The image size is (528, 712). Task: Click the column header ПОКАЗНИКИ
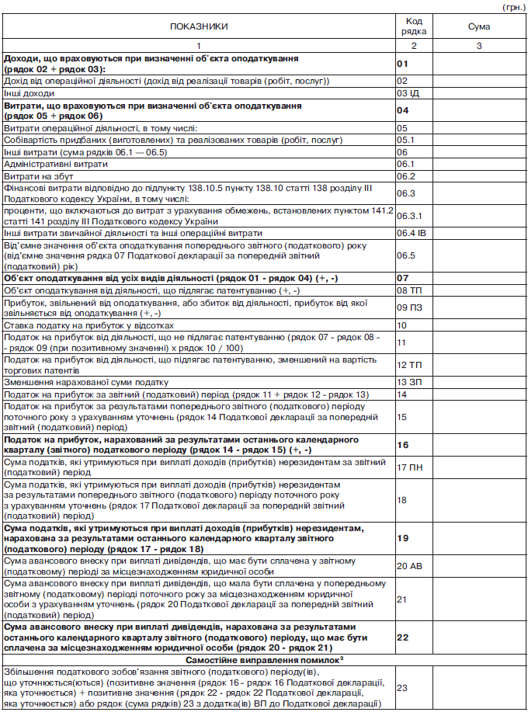(199, 26)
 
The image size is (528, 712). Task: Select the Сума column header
(478, 26)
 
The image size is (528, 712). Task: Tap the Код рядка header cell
(413, 26)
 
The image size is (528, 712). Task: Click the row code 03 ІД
(408, 92)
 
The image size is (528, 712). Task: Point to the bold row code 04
(402, 109)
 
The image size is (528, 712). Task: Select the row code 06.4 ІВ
(411, 232)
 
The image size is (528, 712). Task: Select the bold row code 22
(402, 637)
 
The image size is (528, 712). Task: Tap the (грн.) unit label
(513, 6)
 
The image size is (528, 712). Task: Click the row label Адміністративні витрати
(56, 165)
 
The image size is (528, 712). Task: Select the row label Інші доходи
(30, 92)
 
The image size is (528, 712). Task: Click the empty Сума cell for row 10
(478, 325)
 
